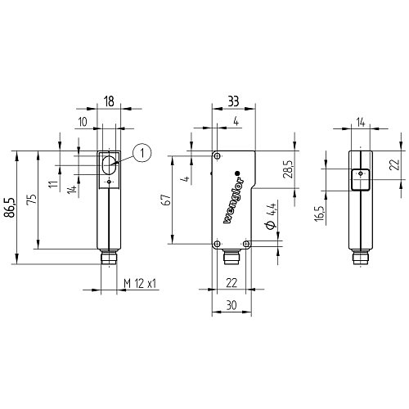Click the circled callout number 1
click(x=142, y=153)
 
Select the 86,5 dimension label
click(x=10, y=208)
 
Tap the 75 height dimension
click(x=32, y=200)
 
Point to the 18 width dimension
click(x=109, y=101)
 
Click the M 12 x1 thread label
click(x=140, y=284)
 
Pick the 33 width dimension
click(x=233, y=101)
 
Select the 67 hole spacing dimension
click(x=167, y=200)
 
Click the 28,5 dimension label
click(x=288, y=169)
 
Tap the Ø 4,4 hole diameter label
click(x=272, y=215)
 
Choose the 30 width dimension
click(x=231, y=305)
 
